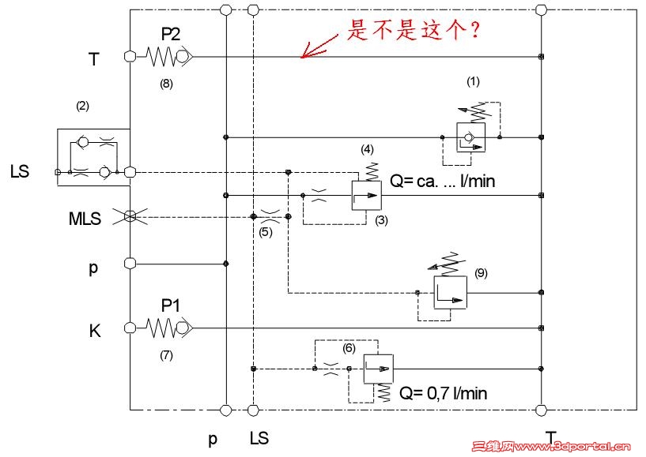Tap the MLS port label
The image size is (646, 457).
click(85, 219)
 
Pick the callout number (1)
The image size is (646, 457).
click(473, 81)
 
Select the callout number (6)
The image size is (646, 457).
click(349, 347)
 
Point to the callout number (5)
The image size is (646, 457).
click(266, 233)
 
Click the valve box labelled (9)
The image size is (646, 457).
click(450, 293)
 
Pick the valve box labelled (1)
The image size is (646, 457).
click(471, 137)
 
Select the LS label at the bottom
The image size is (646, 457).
click(259, 438)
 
